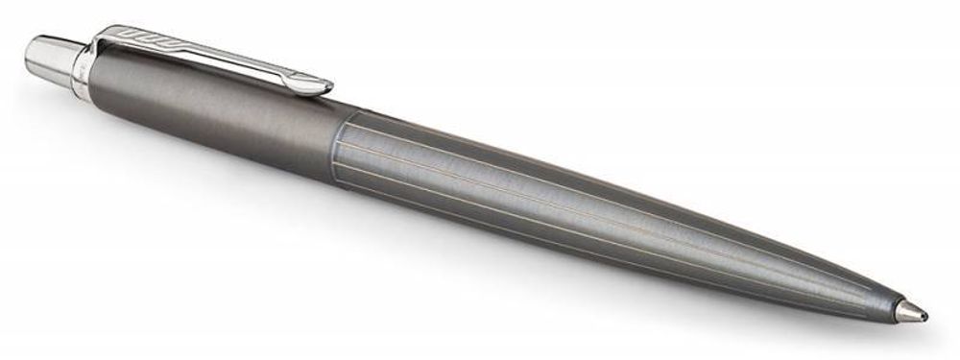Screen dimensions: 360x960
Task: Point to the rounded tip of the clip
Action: [x=324, y=86]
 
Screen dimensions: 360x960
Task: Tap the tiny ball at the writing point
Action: [x=924, y=318]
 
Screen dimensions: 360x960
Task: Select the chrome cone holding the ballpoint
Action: [x=907, y=312]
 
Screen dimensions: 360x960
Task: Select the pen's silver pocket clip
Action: [x=211, y=53]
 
